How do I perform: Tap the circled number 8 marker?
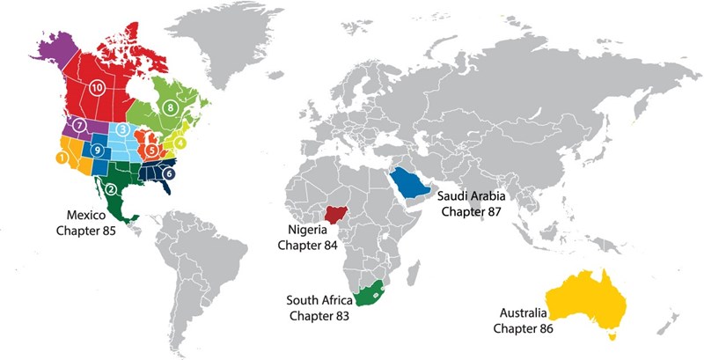pyautogui.click(x=170, y=108)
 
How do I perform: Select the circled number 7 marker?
pyautogui.click(x=79, y=126)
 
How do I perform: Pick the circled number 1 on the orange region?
pyautogui.click(x=61, y=158)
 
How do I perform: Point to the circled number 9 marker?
pyautogui.click(x=99, y=150)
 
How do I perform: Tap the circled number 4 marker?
pyautogui.click(x=180, y=143)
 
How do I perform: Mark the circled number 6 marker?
pyautogui.click(x=168, y=174)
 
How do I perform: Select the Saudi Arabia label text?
pyautogui.click(x=470, y=198)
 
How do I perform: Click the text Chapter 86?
pyautogui.click(x=519, y=328)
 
